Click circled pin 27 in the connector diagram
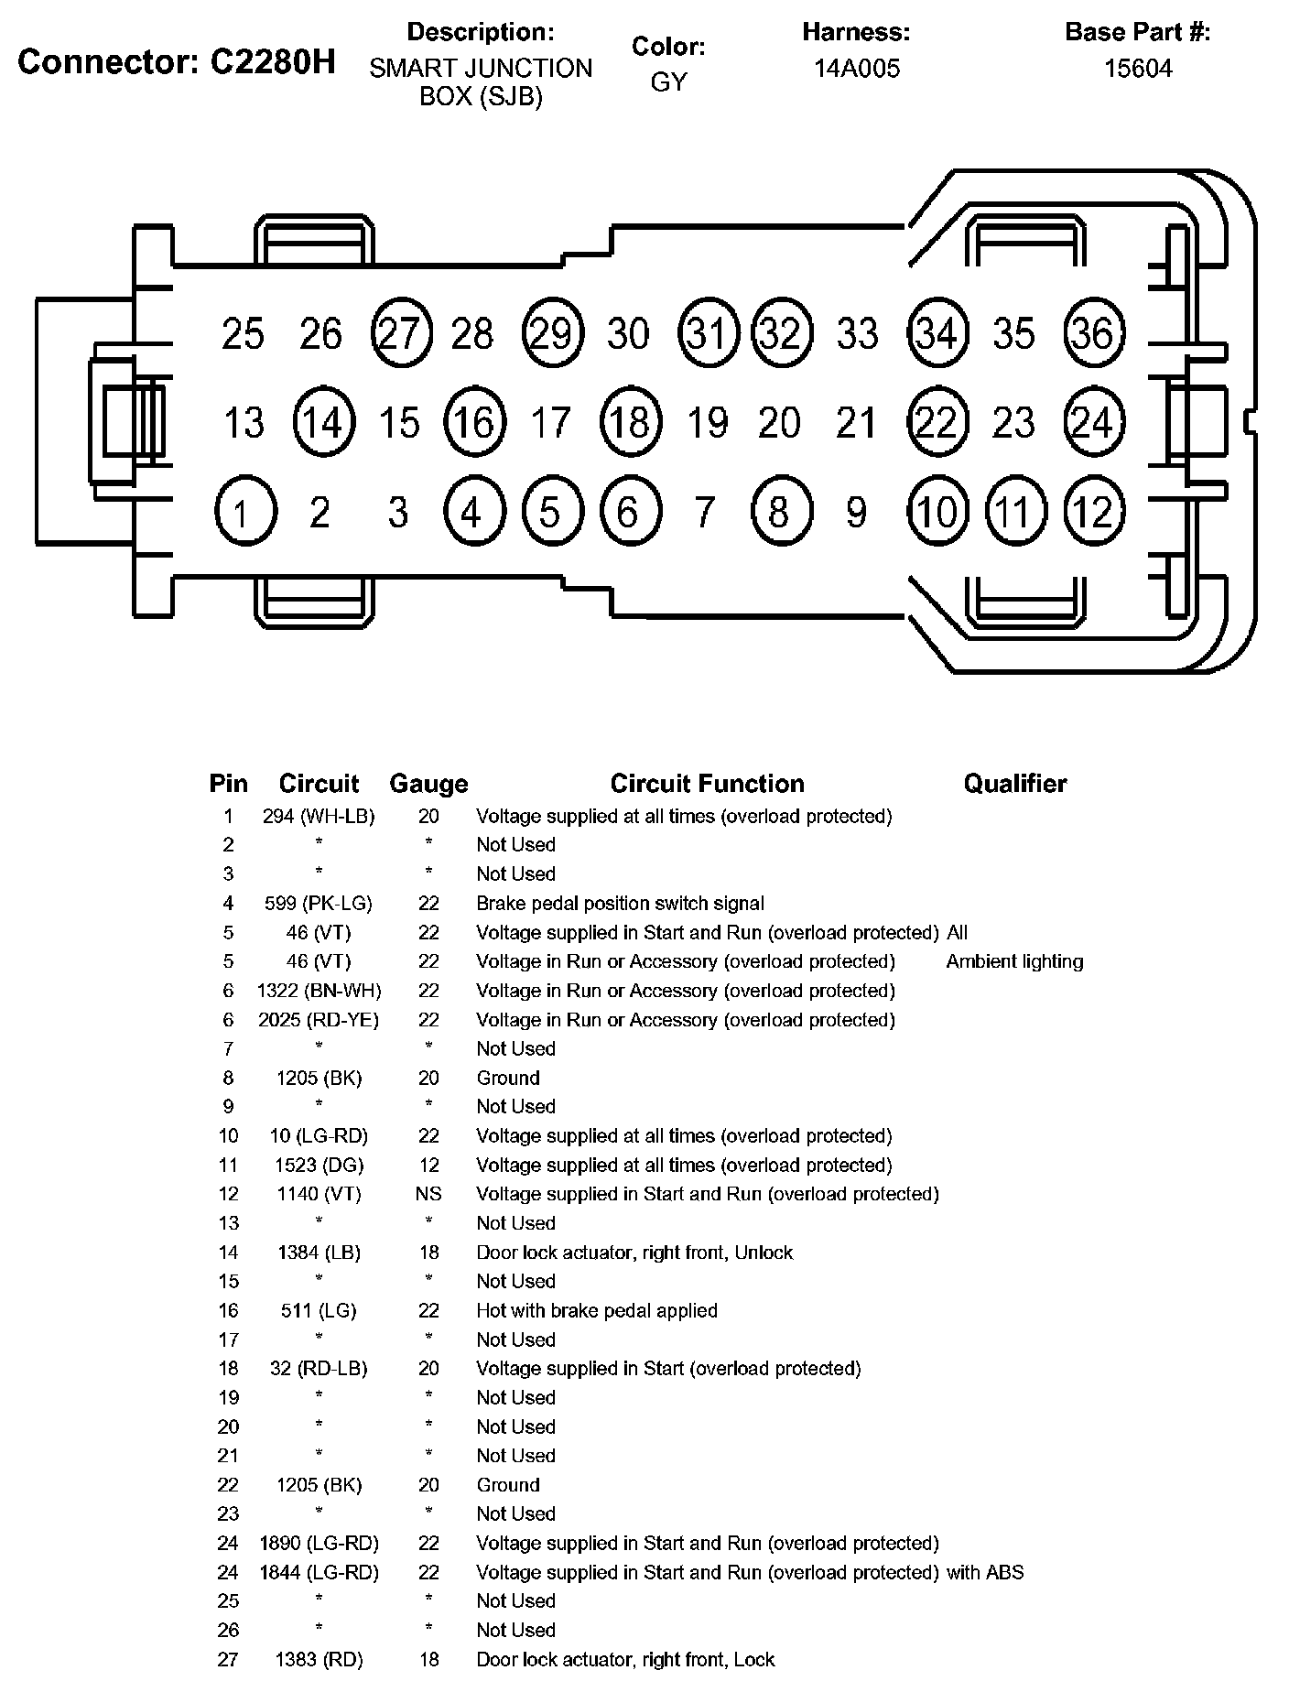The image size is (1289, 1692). click(401, 333)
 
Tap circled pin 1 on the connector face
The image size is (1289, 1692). click(245, 511)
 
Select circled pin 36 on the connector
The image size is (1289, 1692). click(1095, 333)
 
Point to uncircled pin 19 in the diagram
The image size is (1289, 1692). click(707, 423)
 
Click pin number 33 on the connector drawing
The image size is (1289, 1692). click(857, 333)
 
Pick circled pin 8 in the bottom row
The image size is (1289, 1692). click(780, 511)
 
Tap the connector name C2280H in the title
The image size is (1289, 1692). click(272, 61)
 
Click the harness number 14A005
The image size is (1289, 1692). click(857, 69)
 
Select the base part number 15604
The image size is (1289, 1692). click(1138, 69)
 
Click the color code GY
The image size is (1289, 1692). click(668, 82)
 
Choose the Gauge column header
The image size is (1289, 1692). click(428, 784)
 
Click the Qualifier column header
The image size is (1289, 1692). click(1015, 784)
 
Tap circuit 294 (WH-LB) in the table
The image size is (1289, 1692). click(319, 816)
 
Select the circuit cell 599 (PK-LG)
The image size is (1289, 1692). click(319, 904)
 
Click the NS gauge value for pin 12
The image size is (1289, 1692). click(428, 1194)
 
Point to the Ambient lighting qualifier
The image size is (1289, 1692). click(1014, 961)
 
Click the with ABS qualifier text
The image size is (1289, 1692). click(985, 1572)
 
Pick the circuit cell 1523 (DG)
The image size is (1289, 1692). click(320, 1165)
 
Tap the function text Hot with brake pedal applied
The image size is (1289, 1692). click(597, 1310)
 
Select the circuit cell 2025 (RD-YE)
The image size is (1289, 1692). click(319, 1020)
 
